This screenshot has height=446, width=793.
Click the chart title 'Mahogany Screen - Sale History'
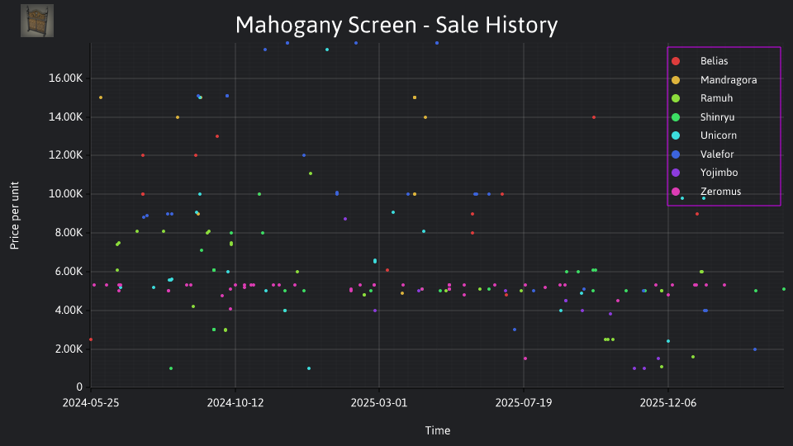[396, 25]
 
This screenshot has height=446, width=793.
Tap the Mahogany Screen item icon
[37, 21]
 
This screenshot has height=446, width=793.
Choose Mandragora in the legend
[714, 80]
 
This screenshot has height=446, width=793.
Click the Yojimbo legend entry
[704, 173]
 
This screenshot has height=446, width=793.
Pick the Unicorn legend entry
[704, 135]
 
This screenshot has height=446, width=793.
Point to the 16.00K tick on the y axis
[66, 78]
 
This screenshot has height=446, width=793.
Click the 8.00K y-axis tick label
[68, 233]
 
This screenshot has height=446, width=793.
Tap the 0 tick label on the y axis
[79, 387]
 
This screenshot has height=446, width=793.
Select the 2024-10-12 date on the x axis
[235, 402]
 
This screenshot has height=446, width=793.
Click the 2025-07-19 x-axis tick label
[524, 402]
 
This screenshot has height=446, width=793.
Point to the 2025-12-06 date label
[668, 402]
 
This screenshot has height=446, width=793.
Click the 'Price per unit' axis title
[15, 216]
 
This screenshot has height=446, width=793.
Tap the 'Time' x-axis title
[438, 430]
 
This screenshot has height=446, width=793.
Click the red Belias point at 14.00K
[594, 117]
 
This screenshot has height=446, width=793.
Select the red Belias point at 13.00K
[217, 136]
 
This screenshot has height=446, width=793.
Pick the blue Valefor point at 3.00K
[515, 330]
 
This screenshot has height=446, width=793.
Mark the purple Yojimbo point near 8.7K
[345, 219]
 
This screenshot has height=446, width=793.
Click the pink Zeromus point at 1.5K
[525, 358]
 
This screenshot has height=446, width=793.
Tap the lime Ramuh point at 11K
[311, 173]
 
